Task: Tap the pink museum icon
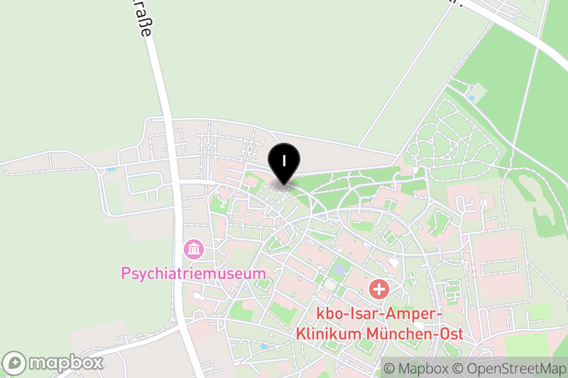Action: (x=193, y=249)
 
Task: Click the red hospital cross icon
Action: (x=379, y=289)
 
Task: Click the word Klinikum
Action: (x=328, y=333)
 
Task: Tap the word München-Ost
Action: (x=415, y=333)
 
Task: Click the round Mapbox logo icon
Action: (x=15, y=363)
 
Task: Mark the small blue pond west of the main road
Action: (x=110, y=171)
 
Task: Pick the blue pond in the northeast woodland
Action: (x=471, y=97)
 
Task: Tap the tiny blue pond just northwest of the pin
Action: (x=250, y=149)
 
